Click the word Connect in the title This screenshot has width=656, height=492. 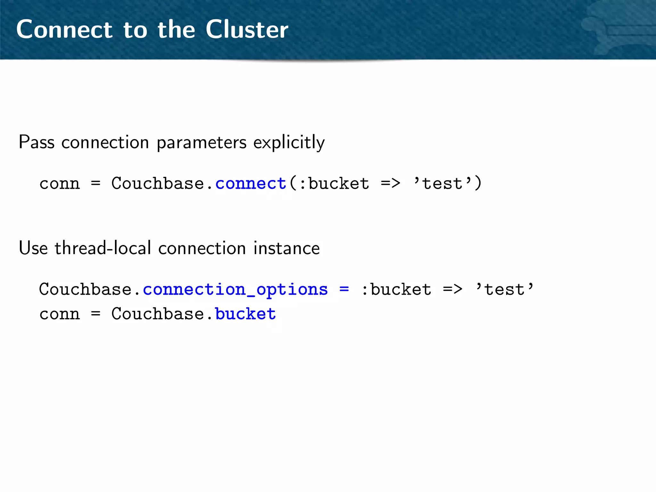64,29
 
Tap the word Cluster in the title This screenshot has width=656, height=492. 247,29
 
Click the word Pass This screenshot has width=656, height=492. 37,142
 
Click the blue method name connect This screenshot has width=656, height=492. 250,184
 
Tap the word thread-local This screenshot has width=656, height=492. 103,248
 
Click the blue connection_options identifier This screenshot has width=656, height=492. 235,290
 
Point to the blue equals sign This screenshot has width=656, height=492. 344,289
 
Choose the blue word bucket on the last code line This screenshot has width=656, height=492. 245,314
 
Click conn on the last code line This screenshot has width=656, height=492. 60,314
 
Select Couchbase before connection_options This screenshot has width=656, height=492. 86,289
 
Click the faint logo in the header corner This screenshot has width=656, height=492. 621,30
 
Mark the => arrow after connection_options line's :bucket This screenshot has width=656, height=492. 453,289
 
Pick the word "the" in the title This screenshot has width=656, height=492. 176,29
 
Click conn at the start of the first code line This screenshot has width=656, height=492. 60,184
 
